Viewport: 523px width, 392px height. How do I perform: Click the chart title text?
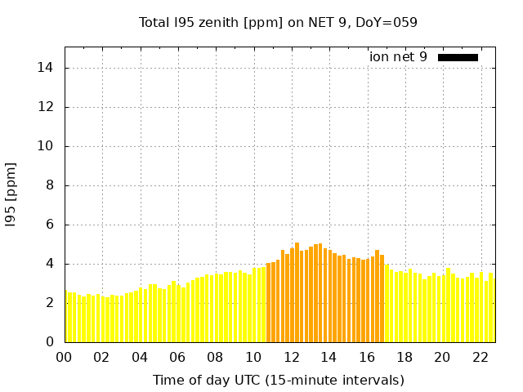(278, 23)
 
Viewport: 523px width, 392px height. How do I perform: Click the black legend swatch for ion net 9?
(458, 57)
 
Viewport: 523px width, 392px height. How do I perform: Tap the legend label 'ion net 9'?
(398, 57)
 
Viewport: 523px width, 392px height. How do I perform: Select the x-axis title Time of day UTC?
(278, 380)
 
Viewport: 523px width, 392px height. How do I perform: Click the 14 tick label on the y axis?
(49, 68)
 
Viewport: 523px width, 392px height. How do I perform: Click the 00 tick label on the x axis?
(65, 357)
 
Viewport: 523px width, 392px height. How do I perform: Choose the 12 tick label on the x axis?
(291, 357)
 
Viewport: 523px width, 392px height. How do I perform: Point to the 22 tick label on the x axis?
(480, 357)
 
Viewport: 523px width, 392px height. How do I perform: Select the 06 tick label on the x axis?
(178, 357)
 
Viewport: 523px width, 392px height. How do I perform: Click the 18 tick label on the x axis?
(405, 357)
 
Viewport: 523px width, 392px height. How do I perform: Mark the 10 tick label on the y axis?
(49, 146)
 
